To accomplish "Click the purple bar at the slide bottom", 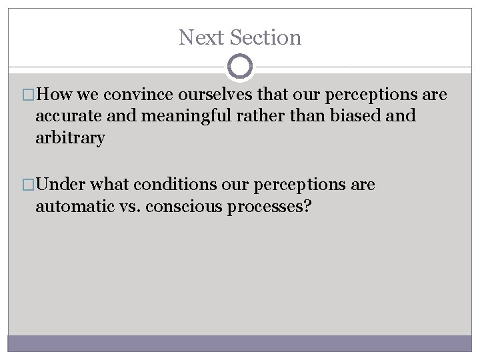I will [240, 344].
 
